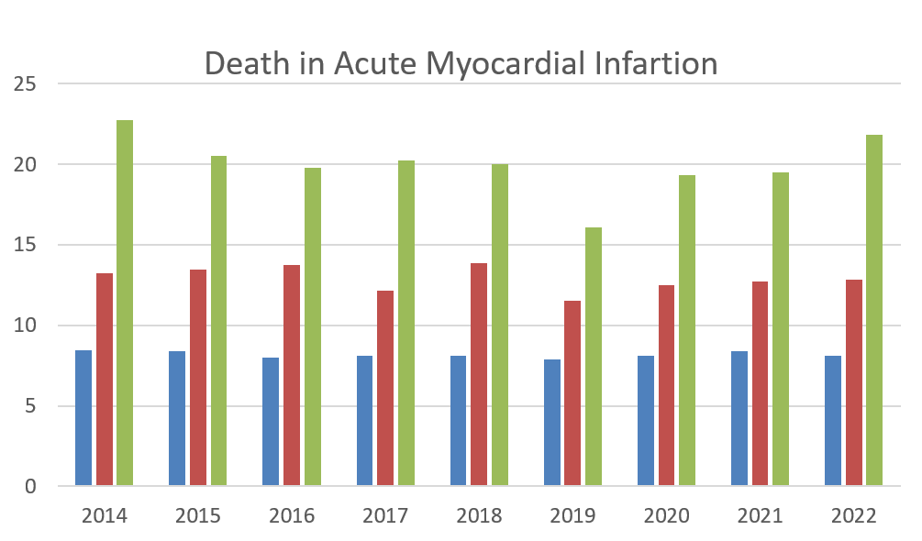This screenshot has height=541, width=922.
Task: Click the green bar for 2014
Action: pos(125,303)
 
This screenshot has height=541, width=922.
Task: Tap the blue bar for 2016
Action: pos(271,422)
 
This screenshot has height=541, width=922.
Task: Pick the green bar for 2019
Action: pos(594,357)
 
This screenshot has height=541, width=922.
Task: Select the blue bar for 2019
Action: pos(552,423)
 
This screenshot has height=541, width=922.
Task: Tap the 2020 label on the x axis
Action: pos(666,515)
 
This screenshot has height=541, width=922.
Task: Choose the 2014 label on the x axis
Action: pos(104,515)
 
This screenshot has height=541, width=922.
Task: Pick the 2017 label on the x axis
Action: pos(385,515)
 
